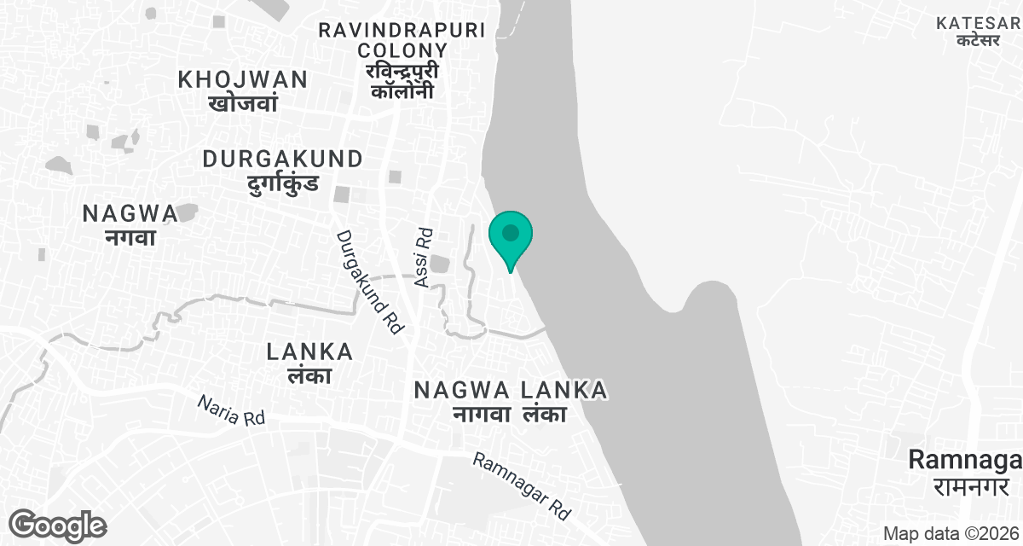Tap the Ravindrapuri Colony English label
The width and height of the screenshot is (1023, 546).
pyautogui.click(x=402, y=40)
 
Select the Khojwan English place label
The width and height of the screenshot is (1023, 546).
pyautogui.click(x=243, y=80)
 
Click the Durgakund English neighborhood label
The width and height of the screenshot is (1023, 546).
pyautogui.click(x=283, y=159)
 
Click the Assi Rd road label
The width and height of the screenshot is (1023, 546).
pyautogui.click(x=424, y=256)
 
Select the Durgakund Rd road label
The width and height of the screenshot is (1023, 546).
pyautogui.click(x=369, y=282)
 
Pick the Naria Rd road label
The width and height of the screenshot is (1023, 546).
pyautogui.click(x=231, y=410)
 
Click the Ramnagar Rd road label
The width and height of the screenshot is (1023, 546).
pyautogui.click(x=522, y=486)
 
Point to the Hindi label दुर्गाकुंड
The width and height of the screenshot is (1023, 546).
pyautogui.click(x=283, y=183)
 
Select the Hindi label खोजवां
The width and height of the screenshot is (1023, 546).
pyautogui.click(x=243, y=104)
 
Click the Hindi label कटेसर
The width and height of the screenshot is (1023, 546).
pyautogui.click(x=978, y=40)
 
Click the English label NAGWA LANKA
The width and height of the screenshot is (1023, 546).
pyautogui.click(x=510, y=390)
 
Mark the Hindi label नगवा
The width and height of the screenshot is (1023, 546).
pyautogui.click(x=130, y=237)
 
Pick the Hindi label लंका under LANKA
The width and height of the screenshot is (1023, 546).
pyautogui.click(x=309, y=375)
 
